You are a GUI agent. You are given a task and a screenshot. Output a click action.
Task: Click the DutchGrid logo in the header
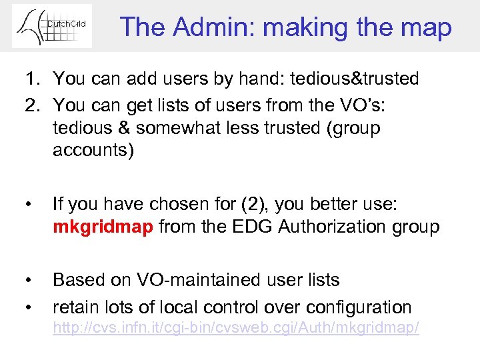click(x=52, y=26)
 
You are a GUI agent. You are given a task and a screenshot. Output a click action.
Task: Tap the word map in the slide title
click(x=427, y=27)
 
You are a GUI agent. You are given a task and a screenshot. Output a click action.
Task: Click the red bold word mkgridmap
click(x=103, y=227)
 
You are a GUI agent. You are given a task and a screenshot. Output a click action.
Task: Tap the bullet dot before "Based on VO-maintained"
click(x=27, y=281)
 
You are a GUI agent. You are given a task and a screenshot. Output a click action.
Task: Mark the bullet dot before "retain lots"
click(x=27, y=307)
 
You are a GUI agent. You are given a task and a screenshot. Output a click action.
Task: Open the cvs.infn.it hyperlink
click(x=236, y=328)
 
